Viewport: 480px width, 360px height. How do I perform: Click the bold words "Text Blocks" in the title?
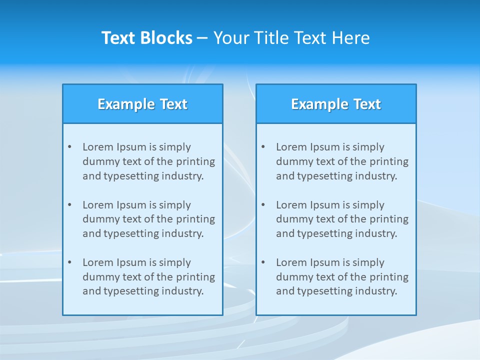147,38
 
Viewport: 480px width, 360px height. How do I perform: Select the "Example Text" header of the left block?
142,104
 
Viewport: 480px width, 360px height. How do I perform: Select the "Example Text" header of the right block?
336,104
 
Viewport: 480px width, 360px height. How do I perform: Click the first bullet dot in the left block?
70,147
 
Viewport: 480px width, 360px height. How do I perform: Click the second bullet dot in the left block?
70,205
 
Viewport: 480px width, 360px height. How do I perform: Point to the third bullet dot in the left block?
70,262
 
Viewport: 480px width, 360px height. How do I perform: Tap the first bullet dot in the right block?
263,147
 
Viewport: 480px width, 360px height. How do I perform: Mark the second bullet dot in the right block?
263,205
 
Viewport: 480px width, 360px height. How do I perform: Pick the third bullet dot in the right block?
263,262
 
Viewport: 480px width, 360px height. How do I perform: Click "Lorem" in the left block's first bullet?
98,147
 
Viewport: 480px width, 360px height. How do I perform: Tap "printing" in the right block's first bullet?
390,161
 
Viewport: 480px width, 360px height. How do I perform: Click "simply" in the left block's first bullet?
175,147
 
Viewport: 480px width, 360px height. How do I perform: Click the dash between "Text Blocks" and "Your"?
202,38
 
